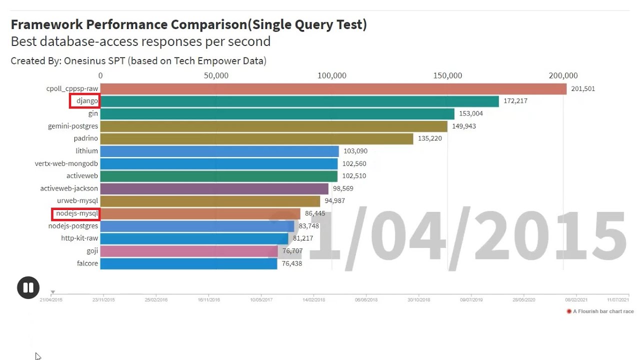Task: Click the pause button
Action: point(28,287)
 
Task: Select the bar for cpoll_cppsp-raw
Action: point(333,89)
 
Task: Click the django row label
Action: point(87,101)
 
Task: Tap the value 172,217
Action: point(515,101)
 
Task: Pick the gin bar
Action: point(277,113)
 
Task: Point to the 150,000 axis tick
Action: point(447,75)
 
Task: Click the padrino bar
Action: point(256,138)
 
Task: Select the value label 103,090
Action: point(355,151)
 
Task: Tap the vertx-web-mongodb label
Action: point(66,163)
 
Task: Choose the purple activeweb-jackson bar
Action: point(214,188)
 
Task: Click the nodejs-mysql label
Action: point(77,213)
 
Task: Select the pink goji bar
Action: point(189,251)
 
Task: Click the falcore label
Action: point(87,263)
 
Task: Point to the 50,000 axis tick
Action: point(216,75)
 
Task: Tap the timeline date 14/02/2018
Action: point(313,300)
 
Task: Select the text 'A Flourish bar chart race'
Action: point(603,311)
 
